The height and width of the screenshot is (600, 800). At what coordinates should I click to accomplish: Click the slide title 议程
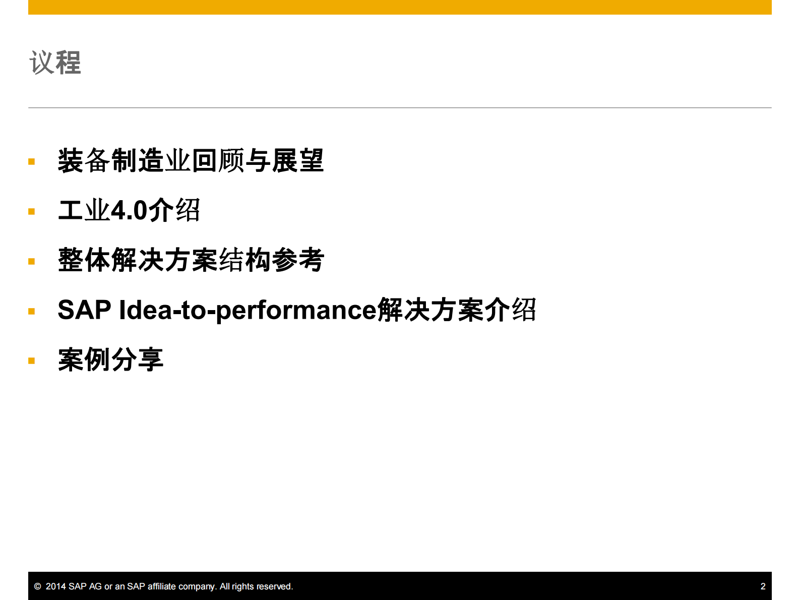(55, 63)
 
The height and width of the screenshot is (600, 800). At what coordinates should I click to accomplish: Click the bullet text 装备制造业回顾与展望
(191, 161)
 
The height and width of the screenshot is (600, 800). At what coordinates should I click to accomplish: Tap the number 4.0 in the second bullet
(129, 211)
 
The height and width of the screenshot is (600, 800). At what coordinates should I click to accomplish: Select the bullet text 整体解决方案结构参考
(191, 260)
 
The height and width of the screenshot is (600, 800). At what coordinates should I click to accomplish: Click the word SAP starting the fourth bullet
(84, 310)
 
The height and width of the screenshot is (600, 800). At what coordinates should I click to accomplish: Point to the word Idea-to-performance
(247, 310)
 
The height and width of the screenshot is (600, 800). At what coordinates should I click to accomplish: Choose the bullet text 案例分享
(110, 359)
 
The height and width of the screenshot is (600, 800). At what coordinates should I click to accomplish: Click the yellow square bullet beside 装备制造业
(32, 162)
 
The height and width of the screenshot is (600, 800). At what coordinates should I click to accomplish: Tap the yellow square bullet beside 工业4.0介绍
(32, 212)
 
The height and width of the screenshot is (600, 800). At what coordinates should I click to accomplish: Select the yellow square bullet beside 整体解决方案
(32, 261)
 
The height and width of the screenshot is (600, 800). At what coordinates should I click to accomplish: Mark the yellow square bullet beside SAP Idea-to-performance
(32, 311)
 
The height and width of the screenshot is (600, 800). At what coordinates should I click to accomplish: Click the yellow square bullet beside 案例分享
(32, 361)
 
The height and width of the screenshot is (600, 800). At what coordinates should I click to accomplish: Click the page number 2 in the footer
(763, 586)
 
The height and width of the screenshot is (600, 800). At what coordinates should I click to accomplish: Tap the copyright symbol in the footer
(37, 586)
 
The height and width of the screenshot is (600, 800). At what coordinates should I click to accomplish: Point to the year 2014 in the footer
(56, 586)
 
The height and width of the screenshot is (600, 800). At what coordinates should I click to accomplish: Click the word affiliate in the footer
(162, 586)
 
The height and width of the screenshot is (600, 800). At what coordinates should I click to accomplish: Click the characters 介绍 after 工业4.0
(174, 211)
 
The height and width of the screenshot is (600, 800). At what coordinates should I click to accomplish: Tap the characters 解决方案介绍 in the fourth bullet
(457, 310)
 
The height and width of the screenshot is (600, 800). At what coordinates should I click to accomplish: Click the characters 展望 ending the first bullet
(297, 161)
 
